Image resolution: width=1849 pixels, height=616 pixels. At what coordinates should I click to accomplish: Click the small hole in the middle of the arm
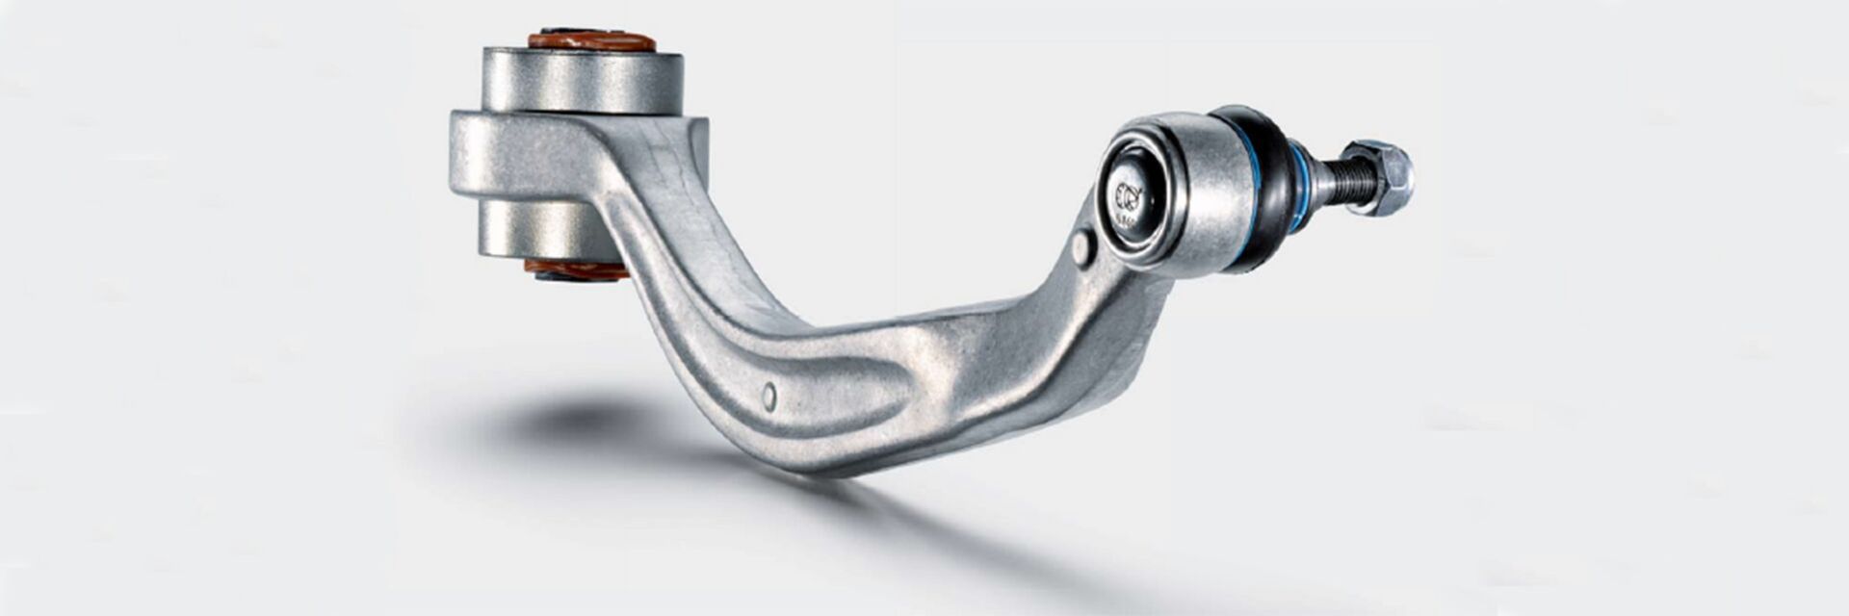(768, 396)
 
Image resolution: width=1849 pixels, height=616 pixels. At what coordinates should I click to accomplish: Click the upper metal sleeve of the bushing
(582, 82)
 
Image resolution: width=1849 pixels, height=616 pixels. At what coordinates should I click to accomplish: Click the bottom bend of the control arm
(828, 452)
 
